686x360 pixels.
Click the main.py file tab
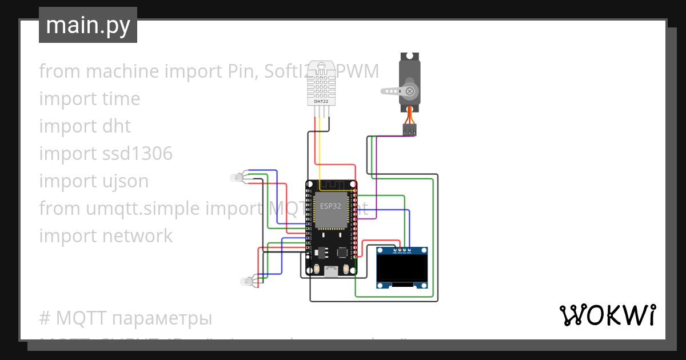click(87, 26)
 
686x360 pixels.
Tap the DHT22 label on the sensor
click(321, 102)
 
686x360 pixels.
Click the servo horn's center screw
click(409, 91)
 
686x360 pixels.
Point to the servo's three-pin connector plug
click(409, 130)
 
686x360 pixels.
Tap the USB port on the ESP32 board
click(331, 271)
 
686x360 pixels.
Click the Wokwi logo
click(607, 315)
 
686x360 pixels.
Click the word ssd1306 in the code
click(137, 154)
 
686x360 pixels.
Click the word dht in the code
click(117, 126)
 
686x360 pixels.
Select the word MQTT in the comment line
click(77, 318)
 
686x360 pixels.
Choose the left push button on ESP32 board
click(316, 269)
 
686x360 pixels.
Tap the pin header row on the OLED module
click(402, 250)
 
